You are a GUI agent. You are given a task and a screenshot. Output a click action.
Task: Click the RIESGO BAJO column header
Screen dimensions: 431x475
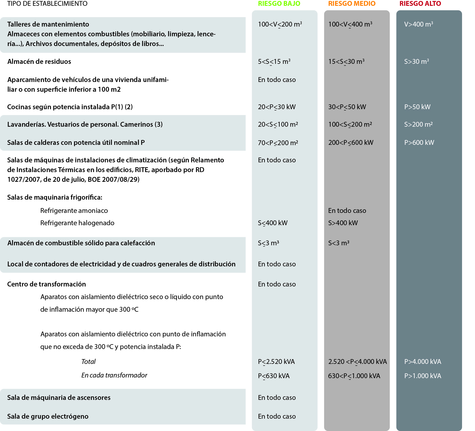[x=279, y=4]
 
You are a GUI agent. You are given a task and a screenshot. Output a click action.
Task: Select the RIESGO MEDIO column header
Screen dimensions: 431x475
[x=352, y=4]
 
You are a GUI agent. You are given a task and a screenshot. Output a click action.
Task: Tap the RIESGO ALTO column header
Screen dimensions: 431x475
[x=420, y=4]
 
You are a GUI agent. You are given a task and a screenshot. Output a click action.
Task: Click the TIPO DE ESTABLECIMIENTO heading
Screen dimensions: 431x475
[x=47, y=4]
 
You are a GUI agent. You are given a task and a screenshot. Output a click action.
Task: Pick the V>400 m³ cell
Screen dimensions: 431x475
[x=419, y=24]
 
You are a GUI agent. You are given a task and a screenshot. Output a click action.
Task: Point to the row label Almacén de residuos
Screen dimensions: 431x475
[x=39, y=62]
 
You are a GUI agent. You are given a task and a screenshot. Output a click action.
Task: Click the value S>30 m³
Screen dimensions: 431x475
[x=417, y=62]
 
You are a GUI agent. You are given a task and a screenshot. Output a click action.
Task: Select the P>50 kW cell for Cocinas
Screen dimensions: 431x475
[x=417, y=107]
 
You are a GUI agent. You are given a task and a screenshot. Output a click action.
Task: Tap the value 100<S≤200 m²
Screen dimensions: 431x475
[x=350, y=124]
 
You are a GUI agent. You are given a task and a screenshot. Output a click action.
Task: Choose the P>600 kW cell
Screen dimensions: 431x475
[x=419, y=143]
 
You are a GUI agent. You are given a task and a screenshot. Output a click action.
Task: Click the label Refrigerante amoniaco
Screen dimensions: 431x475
[x=74, y=211]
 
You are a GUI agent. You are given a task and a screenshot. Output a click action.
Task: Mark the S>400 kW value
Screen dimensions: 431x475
[x=343, y=223]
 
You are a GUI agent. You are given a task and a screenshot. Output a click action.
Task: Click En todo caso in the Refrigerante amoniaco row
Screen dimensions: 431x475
[x=347, y=211]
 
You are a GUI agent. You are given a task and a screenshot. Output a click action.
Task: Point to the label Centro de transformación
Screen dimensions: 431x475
[x=46, y=284]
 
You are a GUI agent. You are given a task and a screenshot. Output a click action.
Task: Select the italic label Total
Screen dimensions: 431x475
[x=88, y=362]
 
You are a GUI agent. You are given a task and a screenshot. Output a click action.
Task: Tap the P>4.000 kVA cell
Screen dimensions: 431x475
[x=423, y=362]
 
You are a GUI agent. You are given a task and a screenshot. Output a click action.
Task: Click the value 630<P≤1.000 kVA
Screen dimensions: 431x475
[x=354, y=376]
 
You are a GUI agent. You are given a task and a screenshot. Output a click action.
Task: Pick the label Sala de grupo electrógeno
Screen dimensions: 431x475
[x=48, y=416]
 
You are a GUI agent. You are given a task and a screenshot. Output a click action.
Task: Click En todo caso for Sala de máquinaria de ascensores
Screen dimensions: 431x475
[x=277, y=398]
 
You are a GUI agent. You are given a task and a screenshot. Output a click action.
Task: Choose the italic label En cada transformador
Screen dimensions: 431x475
[x=114, y=375]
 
